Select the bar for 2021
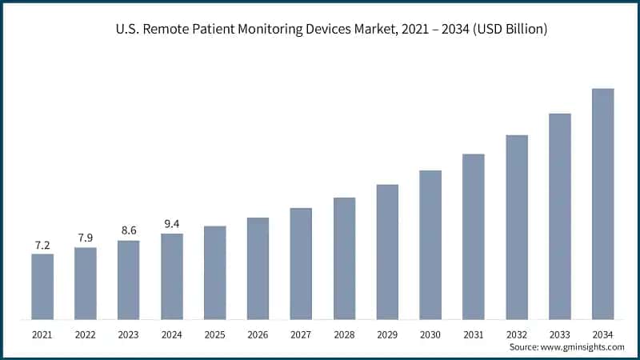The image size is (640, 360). pos(42,286)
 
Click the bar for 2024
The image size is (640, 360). pos(172,277)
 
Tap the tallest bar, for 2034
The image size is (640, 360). pos(602,204)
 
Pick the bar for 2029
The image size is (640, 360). pos(387,252)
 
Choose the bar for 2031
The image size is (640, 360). pos(474,237)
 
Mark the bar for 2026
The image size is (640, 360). pos(258,269)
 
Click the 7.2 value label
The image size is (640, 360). pos(42,245)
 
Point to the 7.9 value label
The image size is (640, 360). pos(86,238)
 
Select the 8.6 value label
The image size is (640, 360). pos(129,231)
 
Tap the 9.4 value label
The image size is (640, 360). pos(172,224)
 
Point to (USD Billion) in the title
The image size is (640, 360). pos(510,30)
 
